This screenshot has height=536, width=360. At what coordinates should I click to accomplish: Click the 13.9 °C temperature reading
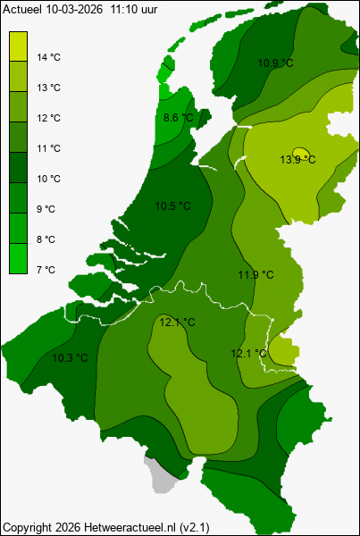[x=298, y=160]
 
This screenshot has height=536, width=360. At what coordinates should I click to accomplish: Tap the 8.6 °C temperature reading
[x=179, y=118]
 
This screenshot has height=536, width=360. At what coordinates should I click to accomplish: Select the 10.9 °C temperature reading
[x=275, y=63]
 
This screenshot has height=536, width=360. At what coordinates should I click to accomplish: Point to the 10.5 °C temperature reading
[x=173, y=206]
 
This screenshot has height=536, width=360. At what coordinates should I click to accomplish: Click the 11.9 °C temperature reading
[x=255, y=274]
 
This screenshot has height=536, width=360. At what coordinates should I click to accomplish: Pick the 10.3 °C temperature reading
[x=70, y=358]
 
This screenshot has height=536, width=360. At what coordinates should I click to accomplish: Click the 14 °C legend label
[x=48, y=57]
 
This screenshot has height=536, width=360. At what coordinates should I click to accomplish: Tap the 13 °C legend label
[x=48, y=88]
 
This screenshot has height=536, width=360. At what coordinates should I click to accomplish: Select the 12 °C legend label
[x=48, y=118]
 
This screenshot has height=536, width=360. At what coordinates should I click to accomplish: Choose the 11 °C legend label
[x=48, y=148]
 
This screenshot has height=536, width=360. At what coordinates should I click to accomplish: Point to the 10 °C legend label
[x=48, y=179]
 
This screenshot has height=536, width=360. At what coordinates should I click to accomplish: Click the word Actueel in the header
[x=21, y=7]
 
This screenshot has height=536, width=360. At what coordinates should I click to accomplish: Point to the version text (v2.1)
[x=207, y=527]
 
